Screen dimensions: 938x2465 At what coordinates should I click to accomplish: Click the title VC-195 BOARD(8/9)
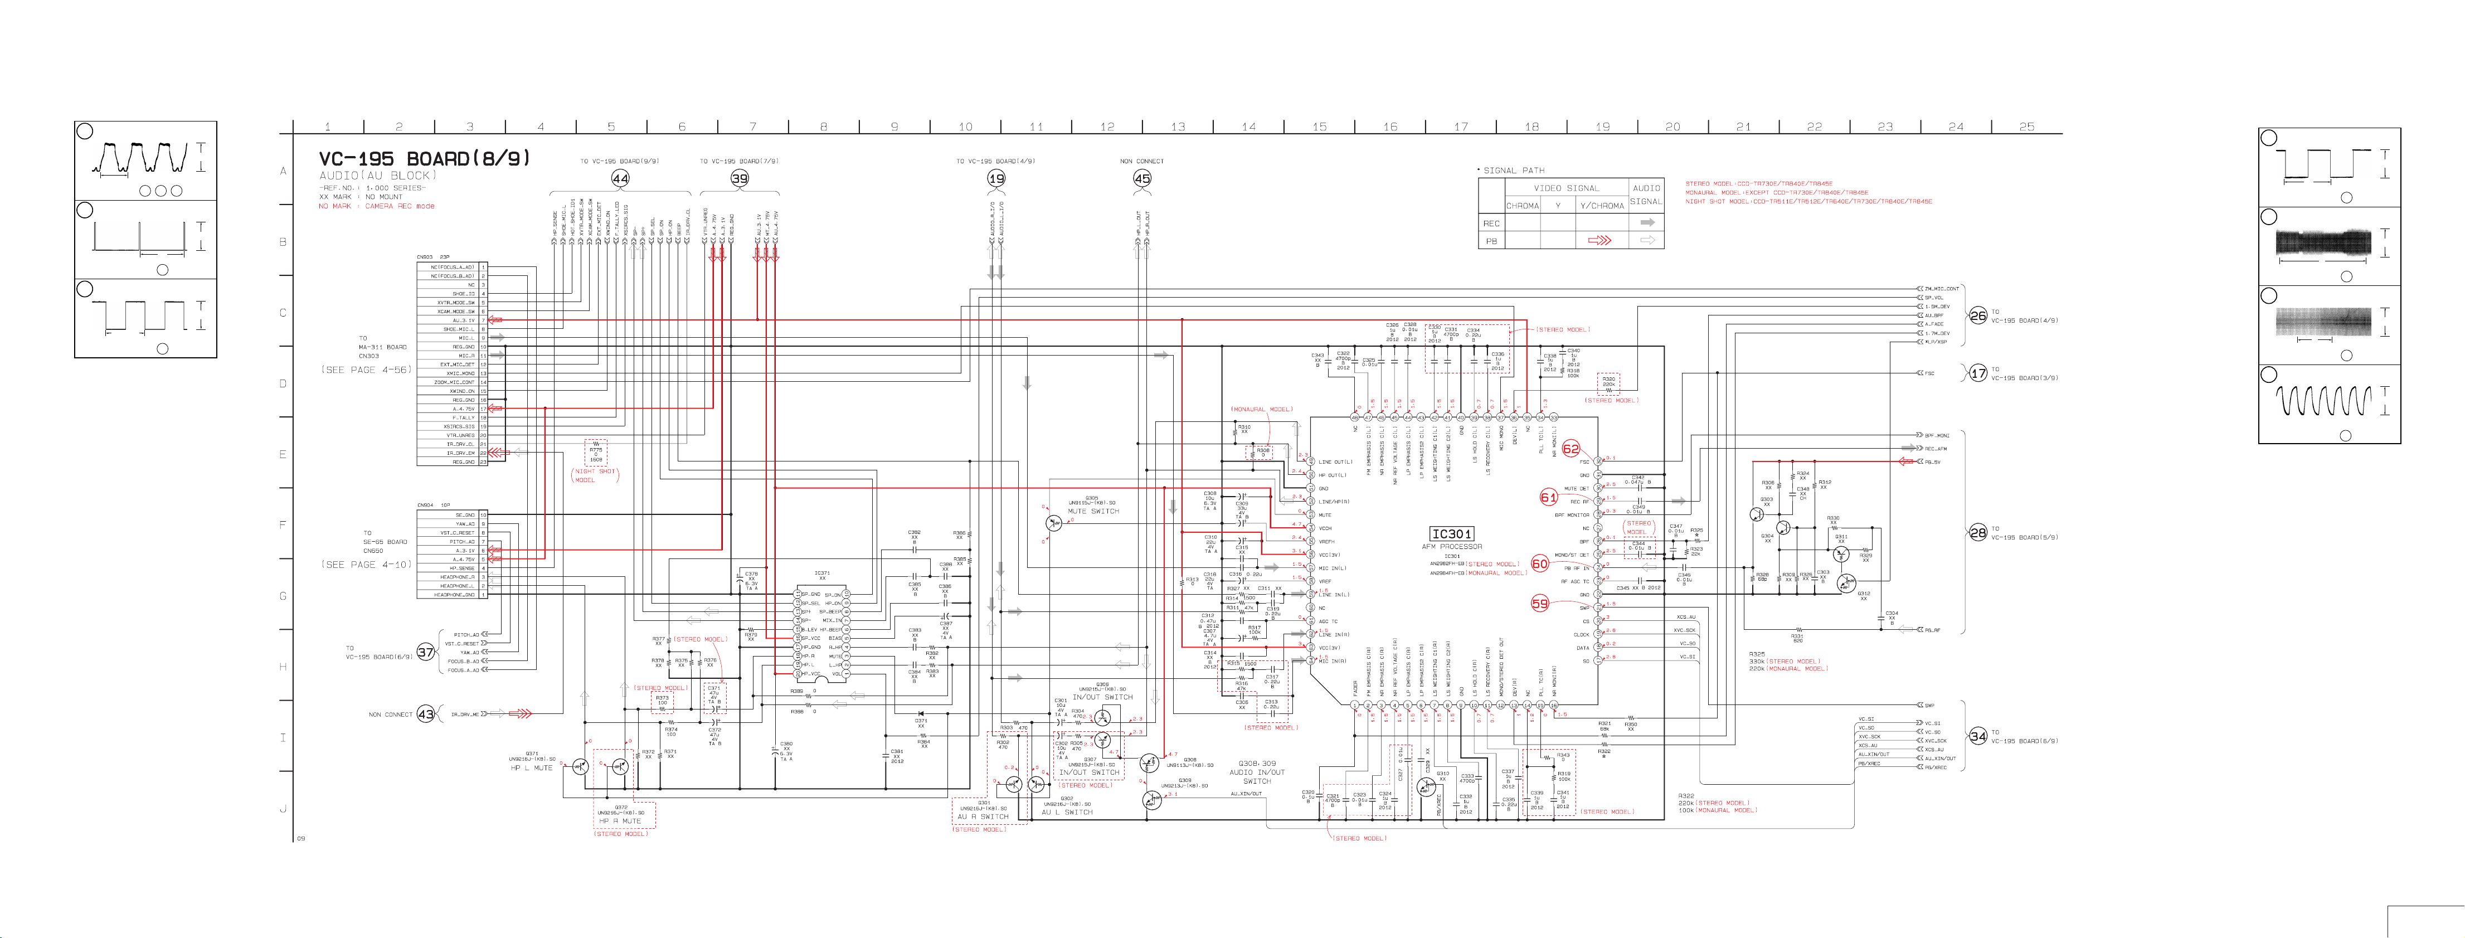(x=424, y=159)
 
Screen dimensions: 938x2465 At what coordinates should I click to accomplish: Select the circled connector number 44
(x=620, y=178)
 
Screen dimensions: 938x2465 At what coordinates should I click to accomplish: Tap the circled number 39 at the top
(x=740, y=178)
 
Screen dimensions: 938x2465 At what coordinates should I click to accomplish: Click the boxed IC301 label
(x=1452, y=534)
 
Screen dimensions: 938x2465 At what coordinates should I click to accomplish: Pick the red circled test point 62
(x=1571, y=449)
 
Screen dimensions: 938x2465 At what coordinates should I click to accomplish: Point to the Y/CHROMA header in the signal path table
(x=1601, y=206)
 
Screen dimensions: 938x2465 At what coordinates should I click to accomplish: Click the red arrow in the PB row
(x=1599, y=240)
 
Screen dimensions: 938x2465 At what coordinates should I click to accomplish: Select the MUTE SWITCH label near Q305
(x=1093, y=511)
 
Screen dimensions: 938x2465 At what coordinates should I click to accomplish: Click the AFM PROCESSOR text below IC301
(x=1452, y=547)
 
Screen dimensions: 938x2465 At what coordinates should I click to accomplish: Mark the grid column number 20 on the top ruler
(x=1672, y=127)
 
